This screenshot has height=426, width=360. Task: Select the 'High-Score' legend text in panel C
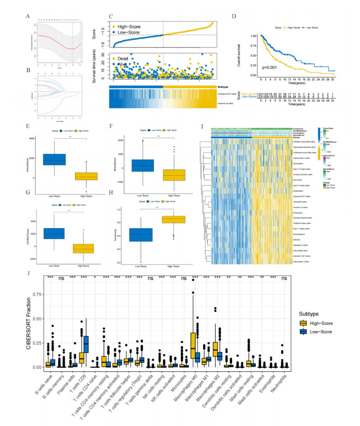point(130,23)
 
